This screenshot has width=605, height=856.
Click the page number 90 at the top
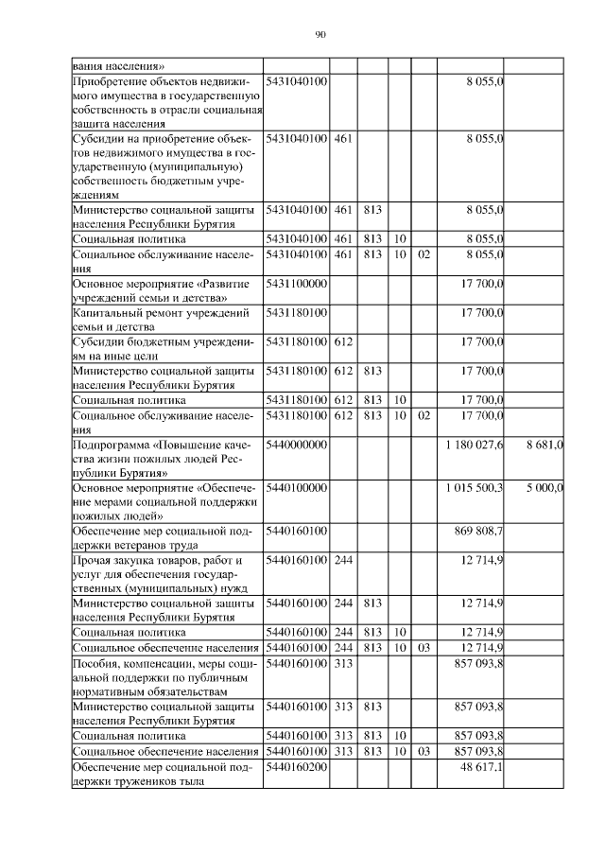tap(320, 35)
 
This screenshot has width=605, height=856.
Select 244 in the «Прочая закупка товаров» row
tap(343, 561)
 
